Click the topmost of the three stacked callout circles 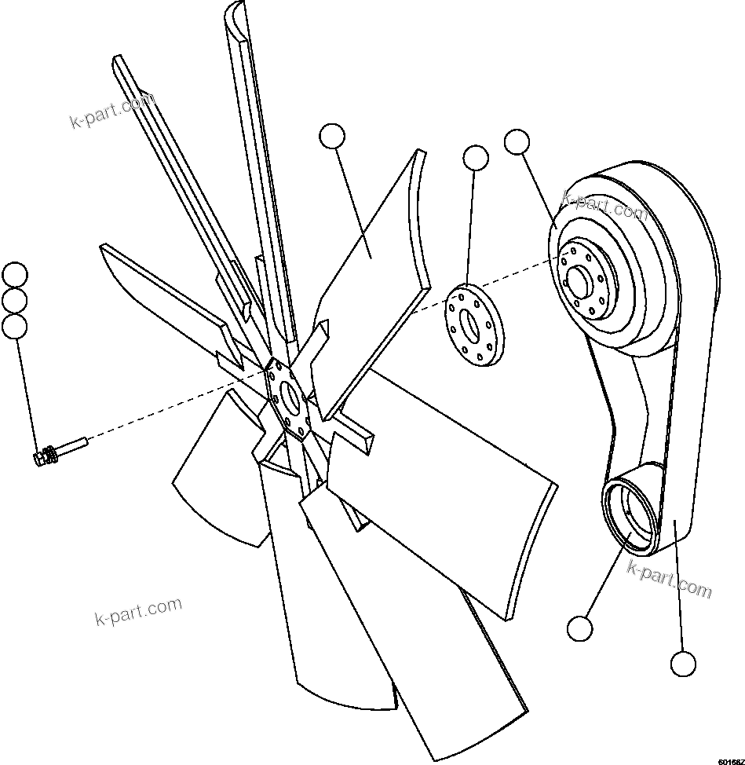pos(15,276)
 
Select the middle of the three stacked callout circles pos(15,301)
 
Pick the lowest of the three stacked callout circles pos(15,326)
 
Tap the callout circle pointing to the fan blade pos(332,136)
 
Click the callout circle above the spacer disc pos(476,158)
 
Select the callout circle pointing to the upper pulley pos(517,142)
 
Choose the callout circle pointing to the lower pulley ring pos(579,628)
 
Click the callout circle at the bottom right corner pos(683,664)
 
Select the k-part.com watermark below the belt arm pos(669,579)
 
